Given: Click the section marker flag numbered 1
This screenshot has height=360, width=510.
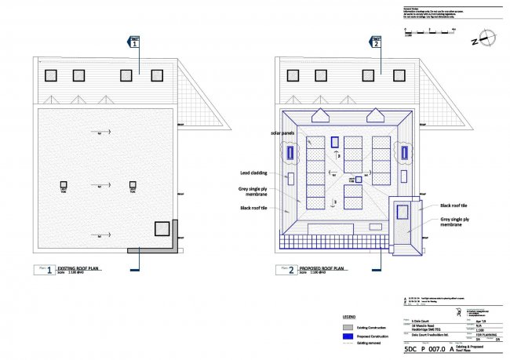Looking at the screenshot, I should click(x=134, y=43).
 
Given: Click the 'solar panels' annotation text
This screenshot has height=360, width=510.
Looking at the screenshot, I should click(x=283, y=134).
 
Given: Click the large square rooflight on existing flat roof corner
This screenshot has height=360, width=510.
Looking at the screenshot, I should click(x=162, y=229).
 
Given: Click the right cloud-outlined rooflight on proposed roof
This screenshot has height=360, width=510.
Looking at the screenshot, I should click(x=406, y=152).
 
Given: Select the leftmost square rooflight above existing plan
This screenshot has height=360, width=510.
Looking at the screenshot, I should click(x=52, y=75).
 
